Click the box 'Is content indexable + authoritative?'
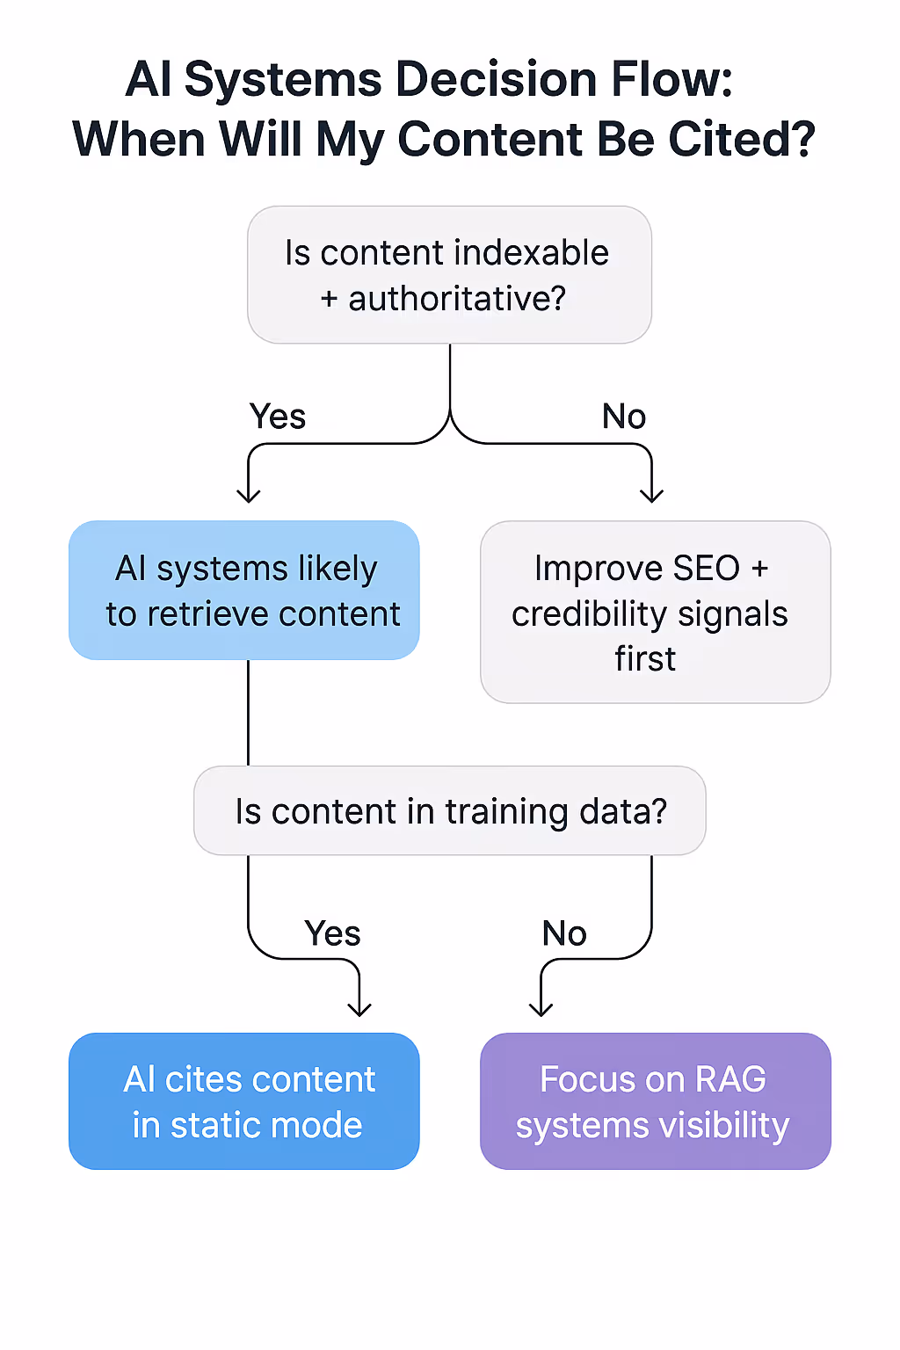coord(449,275)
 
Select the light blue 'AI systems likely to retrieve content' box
coord(244,591)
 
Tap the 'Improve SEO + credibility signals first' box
coord(655,613)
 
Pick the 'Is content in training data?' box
coord(449,810)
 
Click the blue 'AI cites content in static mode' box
coord(244,1101)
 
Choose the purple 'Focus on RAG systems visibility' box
coord(655,1101)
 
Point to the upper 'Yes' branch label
coord(278,417)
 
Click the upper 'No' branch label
coord(624,417)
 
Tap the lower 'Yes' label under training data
coord(332,933)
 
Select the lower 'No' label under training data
coord(564,933)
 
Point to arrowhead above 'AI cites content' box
coord(359,1010)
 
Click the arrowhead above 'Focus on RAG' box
coord(541,1010)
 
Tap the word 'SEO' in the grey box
coord(706,569)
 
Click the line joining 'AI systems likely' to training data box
coord(249,712)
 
